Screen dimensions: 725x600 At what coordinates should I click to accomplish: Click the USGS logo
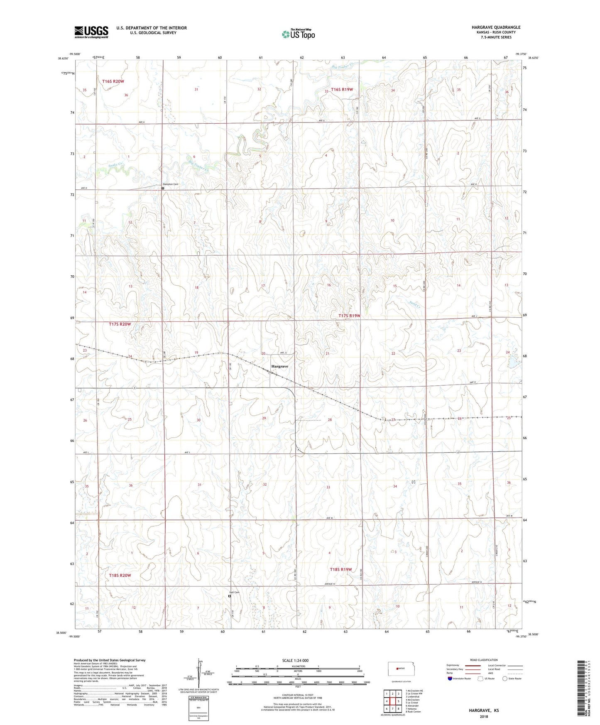(91, 32)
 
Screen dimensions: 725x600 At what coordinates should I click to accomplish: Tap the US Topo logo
(298, 34)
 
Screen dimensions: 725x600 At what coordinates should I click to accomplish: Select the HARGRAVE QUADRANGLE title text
(496, 27)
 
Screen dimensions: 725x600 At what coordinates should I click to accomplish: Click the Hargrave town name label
(279, 367)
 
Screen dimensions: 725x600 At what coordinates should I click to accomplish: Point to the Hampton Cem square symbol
(163, 188)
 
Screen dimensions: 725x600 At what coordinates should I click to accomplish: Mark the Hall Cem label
(235, 592)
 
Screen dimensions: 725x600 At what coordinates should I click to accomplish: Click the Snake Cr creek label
(115, 165)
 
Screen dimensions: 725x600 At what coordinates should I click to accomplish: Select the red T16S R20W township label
(113, 81)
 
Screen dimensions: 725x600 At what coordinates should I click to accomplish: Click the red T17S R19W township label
(349, 316)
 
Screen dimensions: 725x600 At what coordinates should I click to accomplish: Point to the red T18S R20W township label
(120, 576)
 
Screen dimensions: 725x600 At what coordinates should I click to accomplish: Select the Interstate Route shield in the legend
(450, 679)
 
